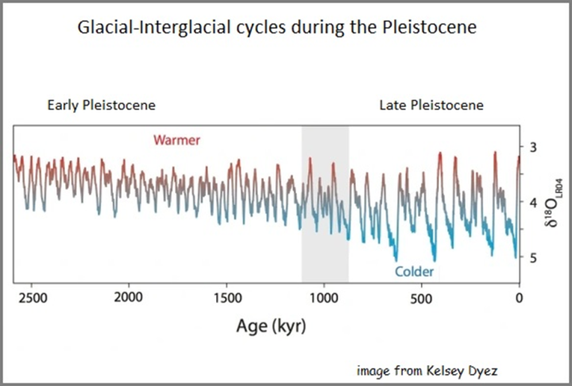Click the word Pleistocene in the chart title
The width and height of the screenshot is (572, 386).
(439, 29)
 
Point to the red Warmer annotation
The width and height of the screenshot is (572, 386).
(176, 141)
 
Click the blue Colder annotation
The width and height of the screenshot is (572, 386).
(415, 272)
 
